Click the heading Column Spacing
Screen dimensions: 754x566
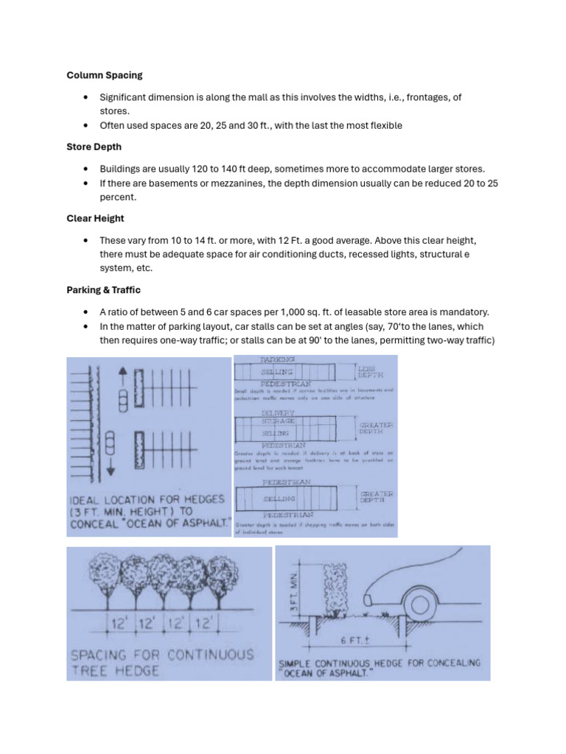coord(105,75)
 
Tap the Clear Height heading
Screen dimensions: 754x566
coord(95,219)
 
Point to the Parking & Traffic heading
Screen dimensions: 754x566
coord(103,290)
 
